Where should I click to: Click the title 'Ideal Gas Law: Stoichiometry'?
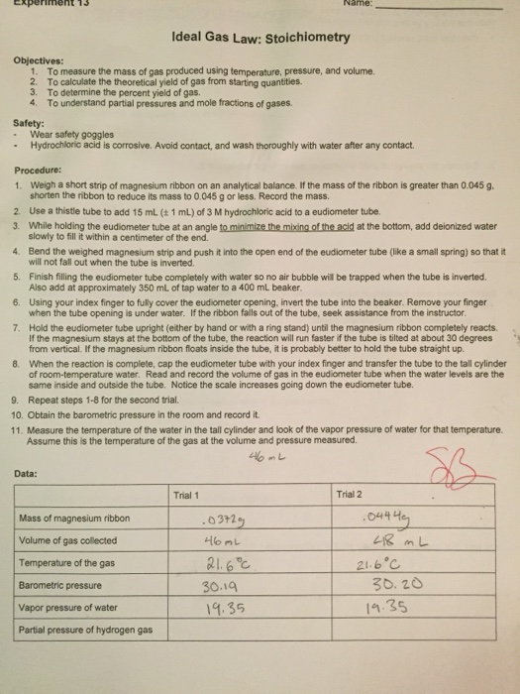click(260, 38)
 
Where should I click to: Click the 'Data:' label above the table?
click(27, 474)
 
